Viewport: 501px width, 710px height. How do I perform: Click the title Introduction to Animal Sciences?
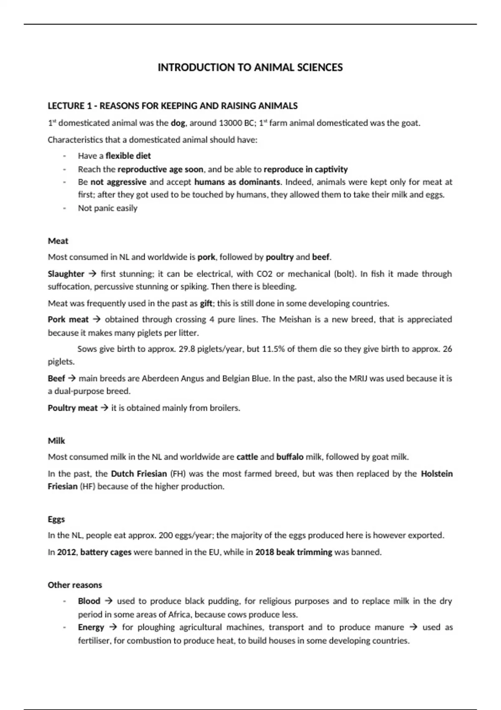[250, 68]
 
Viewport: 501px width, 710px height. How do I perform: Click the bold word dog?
[178, 123]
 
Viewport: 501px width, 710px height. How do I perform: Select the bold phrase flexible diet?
[128, 156]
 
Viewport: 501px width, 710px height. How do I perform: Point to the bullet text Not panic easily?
[108, 208]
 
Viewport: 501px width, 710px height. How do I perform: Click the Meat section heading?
[58, 241]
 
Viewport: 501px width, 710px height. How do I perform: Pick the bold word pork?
[206, 257]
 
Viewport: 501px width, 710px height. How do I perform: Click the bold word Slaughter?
[66, 274]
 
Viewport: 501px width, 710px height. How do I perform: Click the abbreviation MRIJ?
[358, 379]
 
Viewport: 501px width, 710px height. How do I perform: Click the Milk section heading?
[56, 441]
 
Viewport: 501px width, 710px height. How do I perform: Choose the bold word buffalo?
[290, 457]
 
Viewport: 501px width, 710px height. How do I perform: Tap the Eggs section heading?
[56, 519]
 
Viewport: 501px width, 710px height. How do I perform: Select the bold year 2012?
[66, 552]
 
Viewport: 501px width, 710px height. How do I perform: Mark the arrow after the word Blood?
[109, 601]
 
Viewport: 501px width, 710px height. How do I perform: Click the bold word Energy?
[91, 627]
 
